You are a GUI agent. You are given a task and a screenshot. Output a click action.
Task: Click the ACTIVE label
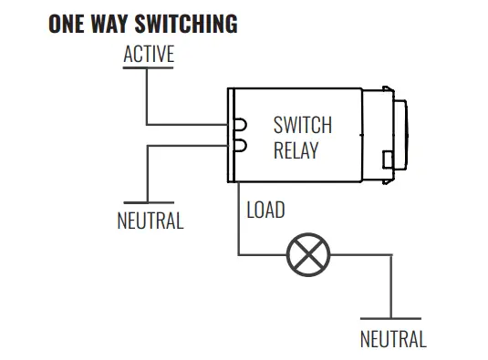tap(148, 55)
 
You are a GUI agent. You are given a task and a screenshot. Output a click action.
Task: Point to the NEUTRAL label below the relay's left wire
tap(150, 221)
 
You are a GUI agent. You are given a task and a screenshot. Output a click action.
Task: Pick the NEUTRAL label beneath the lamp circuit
tap(392, 340)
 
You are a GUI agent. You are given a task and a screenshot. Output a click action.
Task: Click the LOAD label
tap(265, 211)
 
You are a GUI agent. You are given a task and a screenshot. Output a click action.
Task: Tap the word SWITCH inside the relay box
tap(303, 126)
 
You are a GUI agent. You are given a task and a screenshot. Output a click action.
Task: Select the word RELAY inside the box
tap(296, 150)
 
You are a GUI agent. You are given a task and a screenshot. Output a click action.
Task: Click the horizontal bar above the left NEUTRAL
tap(149, 202)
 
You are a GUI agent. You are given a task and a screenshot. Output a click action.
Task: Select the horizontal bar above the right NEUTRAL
tap(391, 319)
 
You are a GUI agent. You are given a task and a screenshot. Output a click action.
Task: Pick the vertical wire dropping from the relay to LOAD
tap(238, 219)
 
